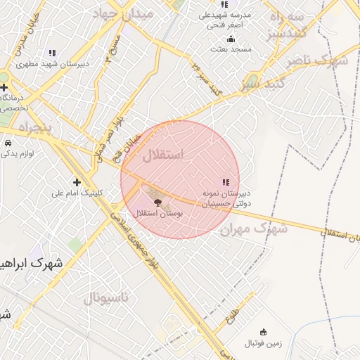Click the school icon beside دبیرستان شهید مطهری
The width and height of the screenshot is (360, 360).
pyautogui.click(x=52, y=53)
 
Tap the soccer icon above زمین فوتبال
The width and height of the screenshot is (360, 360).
pyautogui.click(x=263, y=332)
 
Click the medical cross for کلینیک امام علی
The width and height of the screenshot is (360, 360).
pyautogui.click(x=77, y=182)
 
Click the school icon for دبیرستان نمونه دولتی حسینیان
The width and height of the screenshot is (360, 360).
pyautogui.click(x=225, y=182)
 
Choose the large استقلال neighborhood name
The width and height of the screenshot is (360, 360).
pyautogui.click(x=163, y=155)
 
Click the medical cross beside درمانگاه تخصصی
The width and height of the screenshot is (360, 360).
pyautogui.click(x=4, y=86)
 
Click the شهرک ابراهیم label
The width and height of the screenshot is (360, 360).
pyautogui.click(x=32, y=265)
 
